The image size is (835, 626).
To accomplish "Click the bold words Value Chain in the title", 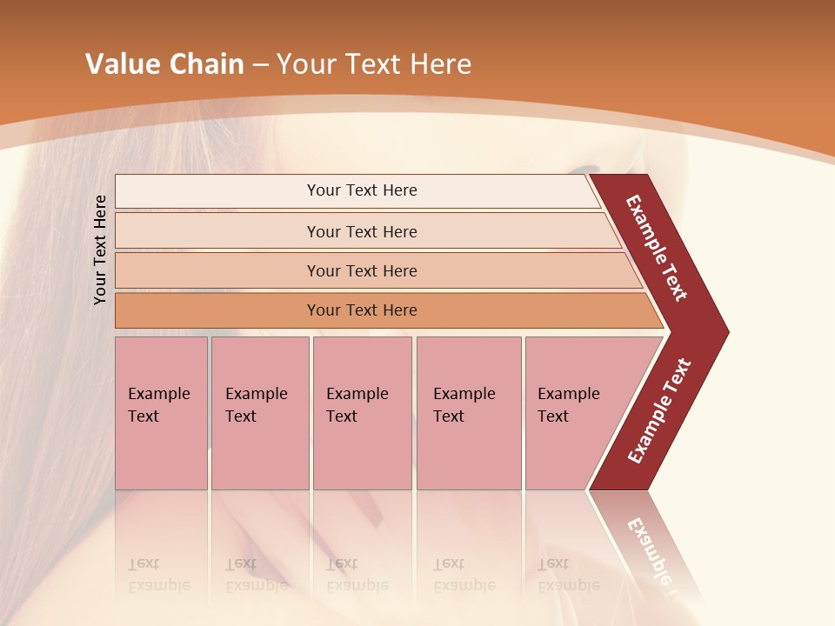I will click(x=164, y=64).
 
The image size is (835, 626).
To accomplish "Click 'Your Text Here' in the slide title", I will click(x=374, y=64).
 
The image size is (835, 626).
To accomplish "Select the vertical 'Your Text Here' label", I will click(x=100, y=250).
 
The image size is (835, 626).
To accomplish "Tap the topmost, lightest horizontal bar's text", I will click(x=362, y=190).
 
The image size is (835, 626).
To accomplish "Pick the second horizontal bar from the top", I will click(x=362, y=231).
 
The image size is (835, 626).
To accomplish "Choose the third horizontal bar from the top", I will click(x=362, y=270).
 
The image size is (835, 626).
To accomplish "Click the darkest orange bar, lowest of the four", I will click(x=362, y=310).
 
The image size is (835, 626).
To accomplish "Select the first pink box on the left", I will click(x=161, y=413).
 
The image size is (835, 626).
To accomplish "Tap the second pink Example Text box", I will click(x=259, y=413).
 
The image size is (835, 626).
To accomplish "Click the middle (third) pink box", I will click(x=362, y=413).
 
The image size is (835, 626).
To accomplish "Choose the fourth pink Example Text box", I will click(x=468, y=413).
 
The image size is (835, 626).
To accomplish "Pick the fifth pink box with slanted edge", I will click(x=574, y=413).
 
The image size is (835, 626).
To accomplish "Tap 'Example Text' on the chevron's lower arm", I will click(x=659, y=411).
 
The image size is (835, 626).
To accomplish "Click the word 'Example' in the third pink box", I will click(x=357, y=394).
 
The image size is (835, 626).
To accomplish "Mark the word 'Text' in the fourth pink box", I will click(x=449, y=416).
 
